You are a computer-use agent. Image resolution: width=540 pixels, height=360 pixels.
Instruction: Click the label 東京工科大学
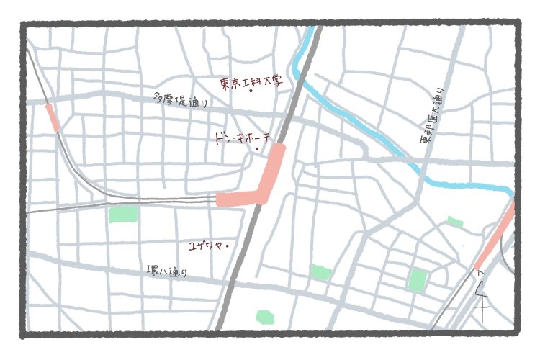pos(249,83)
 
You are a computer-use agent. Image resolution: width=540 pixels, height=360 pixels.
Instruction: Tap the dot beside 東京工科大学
pos(251,91)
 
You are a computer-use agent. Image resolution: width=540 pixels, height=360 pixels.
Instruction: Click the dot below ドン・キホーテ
pos(257,149)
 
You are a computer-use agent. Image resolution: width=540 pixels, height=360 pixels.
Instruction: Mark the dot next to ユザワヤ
pos(228,246)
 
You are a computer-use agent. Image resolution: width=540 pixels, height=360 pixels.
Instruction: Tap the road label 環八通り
pos(166,271)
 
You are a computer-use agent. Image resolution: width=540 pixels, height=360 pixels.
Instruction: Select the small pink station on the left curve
pos(53,117)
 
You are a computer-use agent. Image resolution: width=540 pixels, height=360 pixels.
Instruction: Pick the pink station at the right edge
pos(497,237)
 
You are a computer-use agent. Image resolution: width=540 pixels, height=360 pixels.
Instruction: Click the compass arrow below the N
pos(482,295)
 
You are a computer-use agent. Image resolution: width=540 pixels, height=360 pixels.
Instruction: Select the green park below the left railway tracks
pos(122,213)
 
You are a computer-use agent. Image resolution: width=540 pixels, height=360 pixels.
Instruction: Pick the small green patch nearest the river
pos(455,221)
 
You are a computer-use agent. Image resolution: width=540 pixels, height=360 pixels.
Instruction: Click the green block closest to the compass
pos(417,279)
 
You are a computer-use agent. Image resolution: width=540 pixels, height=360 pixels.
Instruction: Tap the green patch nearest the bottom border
pos(265,317)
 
